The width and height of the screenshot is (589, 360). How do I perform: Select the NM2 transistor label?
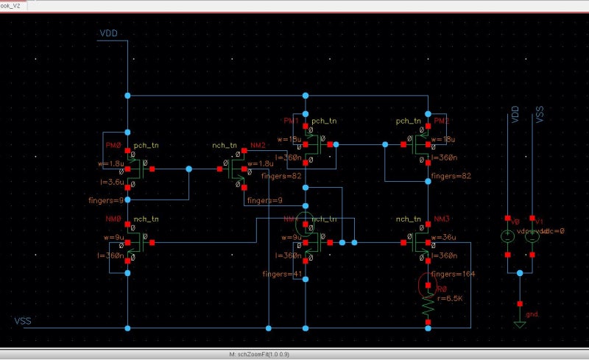[x=258, y=146]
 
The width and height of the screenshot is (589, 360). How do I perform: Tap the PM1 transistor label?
[x=292, y=120]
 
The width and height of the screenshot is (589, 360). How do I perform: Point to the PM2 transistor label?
[x=442, y=120]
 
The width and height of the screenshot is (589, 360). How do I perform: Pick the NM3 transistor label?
[x=442, y=219]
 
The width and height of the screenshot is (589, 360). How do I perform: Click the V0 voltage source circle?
[x=507, y=236]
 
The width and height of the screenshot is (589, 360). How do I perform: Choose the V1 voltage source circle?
[x=531, y=236]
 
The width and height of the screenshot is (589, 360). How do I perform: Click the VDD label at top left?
[x=108, y=34]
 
